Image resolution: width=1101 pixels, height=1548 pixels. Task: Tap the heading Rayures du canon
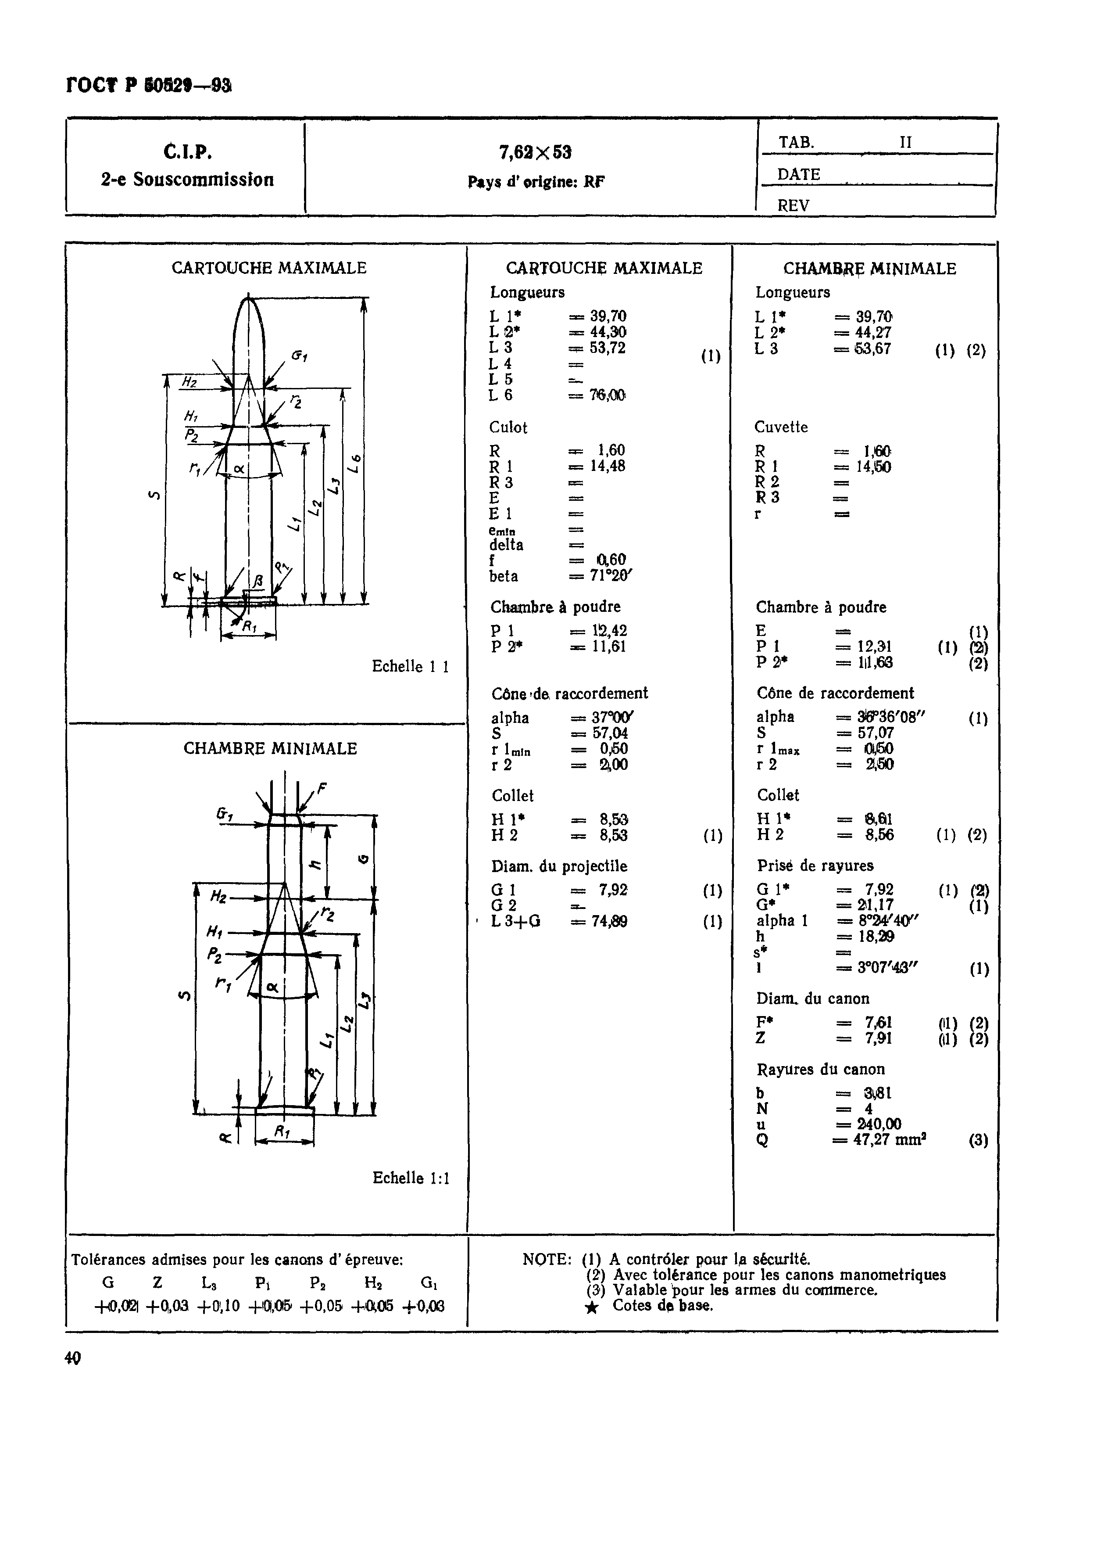pos(820,1070)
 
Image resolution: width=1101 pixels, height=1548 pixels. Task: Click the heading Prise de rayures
pos(815,866)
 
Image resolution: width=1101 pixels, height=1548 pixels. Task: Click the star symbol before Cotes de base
pos(591,1308)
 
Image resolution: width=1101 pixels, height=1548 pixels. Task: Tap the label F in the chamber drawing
pos(322,788)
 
